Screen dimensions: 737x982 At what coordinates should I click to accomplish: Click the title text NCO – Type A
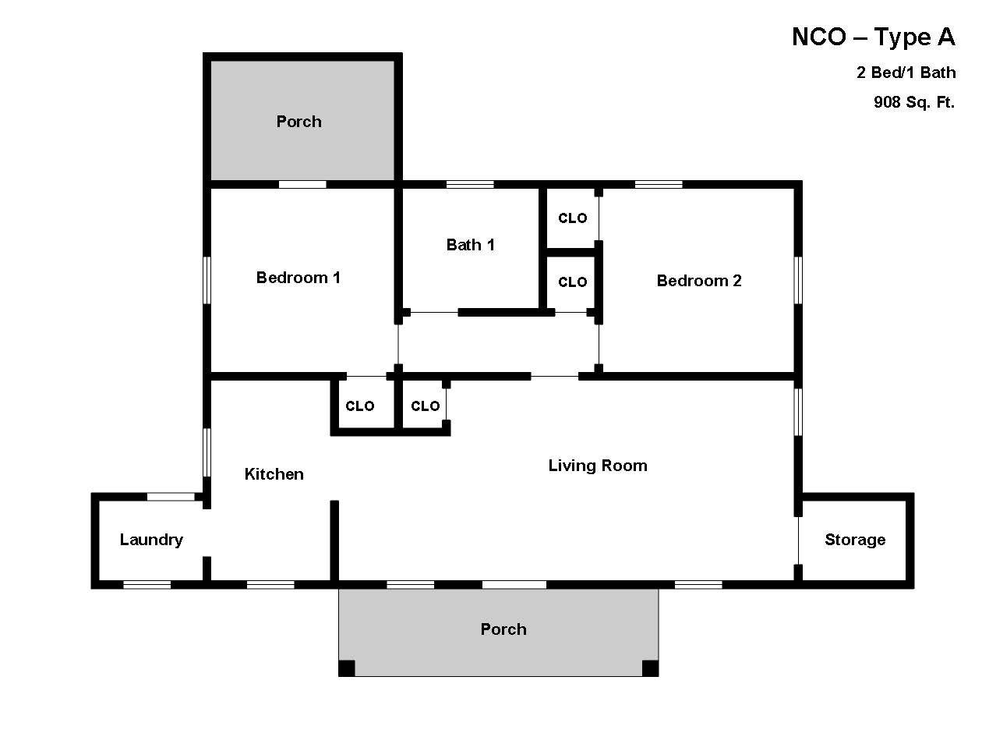pos(873,37)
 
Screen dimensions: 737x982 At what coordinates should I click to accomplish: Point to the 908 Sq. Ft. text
pos(913,101)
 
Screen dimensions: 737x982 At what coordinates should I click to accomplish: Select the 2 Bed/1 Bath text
pos(906,73)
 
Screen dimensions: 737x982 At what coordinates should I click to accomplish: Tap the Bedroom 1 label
pos(298,278)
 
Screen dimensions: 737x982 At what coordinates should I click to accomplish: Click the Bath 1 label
pos(470,245)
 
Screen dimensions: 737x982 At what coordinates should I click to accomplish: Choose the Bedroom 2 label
pos(699,281)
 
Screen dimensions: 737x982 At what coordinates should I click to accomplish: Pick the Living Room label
pos(597,466)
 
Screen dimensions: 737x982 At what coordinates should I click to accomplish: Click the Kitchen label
pos(274,474)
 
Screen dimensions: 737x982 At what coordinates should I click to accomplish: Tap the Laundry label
pos(151,540)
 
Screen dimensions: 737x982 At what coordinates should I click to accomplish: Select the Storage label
pos(855,540)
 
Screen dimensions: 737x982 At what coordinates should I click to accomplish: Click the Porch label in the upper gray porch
pos(298,122)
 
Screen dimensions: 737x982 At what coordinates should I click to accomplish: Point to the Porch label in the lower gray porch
pos(503,629)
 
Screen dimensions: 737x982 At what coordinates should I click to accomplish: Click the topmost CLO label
pos(572,218)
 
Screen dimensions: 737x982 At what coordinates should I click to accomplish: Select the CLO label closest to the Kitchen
pos(359,406)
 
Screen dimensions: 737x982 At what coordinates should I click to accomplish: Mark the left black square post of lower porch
pos(347,668)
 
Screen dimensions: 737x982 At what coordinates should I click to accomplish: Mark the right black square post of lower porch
pos(649,668)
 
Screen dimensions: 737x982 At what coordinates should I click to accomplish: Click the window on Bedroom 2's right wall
pos(798,280)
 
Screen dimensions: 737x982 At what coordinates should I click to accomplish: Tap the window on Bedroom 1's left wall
pos(207,280)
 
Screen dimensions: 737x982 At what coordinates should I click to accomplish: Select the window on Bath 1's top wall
pos(470,185)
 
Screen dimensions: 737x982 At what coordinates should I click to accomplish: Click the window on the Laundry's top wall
pos(171,497)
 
